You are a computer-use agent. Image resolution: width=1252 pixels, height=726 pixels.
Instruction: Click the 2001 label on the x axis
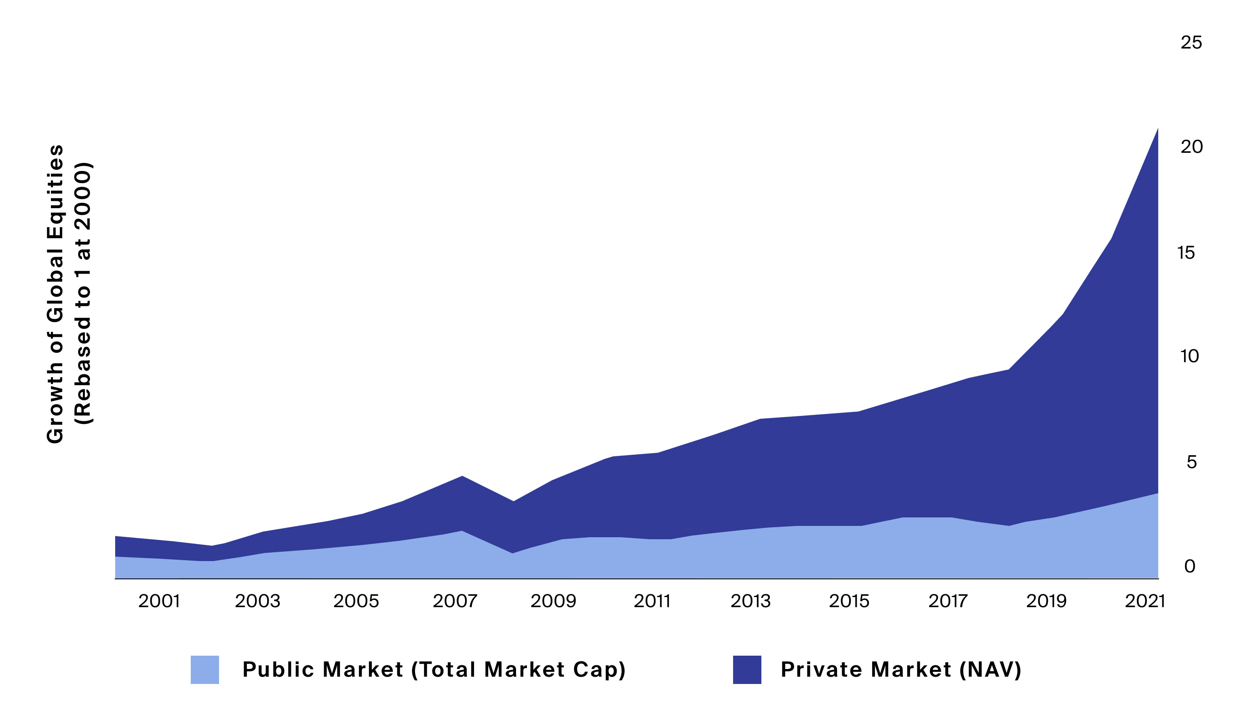(x=159, y=601)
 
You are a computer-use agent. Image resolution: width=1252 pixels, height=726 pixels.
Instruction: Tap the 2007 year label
(x=455, y=601)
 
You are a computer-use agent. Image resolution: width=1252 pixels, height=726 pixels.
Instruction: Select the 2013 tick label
(x=750, y=601)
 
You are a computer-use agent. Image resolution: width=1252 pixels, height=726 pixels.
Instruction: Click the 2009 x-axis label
(x=553, y=601)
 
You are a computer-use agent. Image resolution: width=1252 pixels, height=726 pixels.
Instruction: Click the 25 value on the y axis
(x=1191, y=43)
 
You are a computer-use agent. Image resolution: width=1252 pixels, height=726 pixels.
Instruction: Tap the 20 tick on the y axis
(x=1191, y=147)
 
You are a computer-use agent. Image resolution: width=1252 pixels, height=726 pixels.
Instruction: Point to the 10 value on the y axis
(x=1189, y=356)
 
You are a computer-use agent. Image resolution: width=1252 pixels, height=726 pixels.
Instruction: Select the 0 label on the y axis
(x=1190, y=566)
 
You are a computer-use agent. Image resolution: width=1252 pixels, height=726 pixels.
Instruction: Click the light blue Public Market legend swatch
(x=204, y=669)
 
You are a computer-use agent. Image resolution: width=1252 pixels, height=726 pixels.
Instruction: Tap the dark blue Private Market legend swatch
(x=747, y=669)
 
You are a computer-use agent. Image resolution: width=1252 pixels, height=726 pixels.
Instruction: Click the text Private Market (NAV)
(x=901, y=669)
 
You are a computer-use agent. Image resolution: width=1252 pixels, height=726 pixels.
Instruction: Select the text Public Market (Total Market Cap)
(x=434, y=669)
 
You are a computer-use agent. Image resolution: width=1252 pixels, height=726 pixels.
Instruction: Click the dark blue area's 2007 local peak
(x=462, y=477)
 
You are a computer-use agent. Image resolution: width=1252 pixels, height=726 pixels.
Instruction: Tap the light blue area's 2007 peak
(x=462, y=532)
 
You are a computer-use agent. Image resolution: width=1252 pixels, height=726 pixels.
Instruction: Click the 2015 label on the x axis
(x=849, y=601)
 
